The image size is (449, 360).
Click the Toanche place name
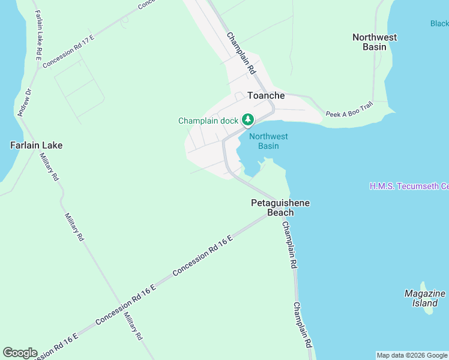coord(266,95)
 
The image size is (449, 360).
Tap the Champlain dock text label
coord(208,121)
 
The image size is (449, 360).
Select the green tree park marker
coord(247,120)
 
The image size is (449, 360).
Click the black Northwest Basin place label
coord(375,41)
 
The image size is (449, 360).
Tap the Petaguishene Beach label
coord(280,208)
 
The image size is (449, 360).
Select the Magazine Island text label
coord(425,298)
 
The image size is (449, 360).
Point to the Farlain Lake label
coord(36,145)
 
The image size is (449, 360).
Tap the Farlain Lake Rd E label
coord(38,35)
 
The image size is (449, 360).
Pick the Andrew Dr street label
coord(25,103)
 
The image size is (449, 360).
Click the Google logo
coord(19,353)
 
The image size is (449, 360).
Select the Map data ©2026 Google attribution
coord(412,355)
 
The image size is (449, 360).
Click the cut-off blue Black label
coord(439,24)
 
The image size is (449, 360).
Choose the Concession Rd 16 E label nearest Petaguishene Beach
coord(202,256)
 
